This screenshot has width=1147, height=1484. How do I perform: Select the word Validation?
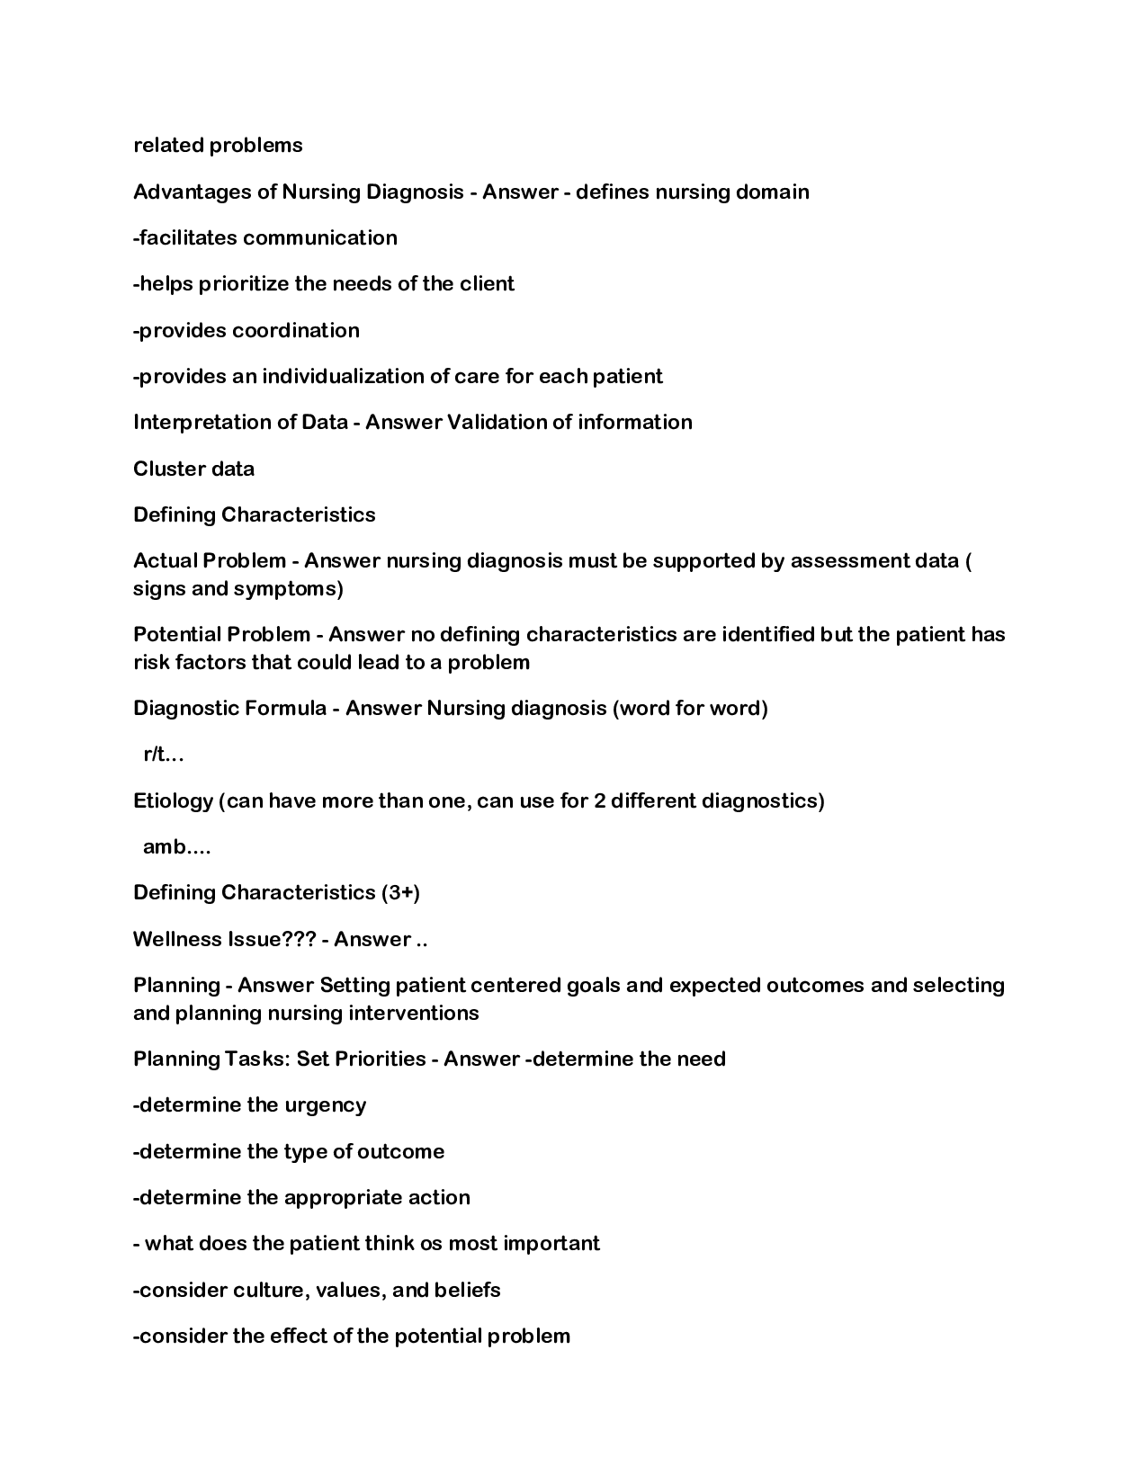point(497,423)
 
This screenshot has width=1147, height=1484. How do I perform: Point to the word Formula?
point(285,709)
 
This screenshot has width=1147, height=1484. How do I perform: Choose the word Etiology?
point(173,801)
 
